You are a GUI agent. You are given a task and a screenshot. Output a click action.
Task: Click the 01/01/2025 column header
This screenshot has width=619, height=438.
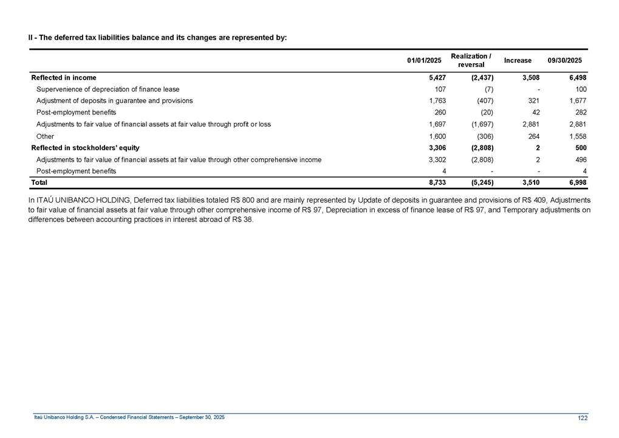(x=423, y=60)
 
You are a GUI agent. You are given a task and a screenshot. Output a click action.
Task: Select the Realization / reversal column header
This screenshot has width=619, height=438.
(x=471, y=60)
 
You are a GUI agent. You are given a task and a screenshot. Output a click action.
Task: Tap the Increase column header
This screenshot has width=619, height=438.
(x=518, y=60)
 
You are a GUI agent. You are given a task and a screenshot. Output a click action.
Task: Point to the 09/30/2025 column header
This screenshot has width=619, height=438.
(x=564, y=60)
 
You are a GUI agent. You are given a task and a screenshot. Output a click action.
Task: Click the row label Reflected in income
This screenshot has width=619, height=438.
(x=63, y=78)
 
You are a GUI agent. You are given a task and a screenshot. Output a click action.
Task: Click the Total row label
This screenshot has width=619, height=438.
(x=39, y=182)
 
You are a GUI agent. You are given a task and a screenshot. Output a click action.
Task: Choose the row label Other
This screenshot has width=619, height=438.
(x=45, y=136)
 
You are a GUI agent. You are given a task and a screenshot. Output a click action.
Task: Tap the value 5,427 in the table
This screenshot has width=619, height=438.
(x=437, y=78)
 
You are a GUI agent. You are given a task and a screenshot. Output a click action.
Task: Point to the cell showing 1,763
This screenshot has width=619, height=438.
(x=437, y=101)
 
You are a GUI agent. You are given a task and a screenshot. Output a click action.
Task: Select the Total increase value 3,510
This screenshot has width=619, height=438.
(x=530, y=182)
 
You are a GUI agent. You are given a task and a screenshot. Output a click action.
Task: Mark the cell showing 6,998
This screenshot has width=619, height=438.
(x=576, y=182)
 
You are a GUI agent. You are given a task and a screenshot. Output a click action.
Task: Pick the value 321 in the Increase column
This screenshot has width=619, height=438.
(x=534, y=101)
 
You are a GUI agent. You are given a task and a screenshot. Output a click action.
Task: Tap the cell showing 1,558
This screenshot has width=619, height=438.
(x=576, y=136)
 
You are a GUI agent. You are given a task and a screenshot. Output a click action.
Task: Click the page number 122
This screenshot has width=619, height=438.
(x=583, y=417)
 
